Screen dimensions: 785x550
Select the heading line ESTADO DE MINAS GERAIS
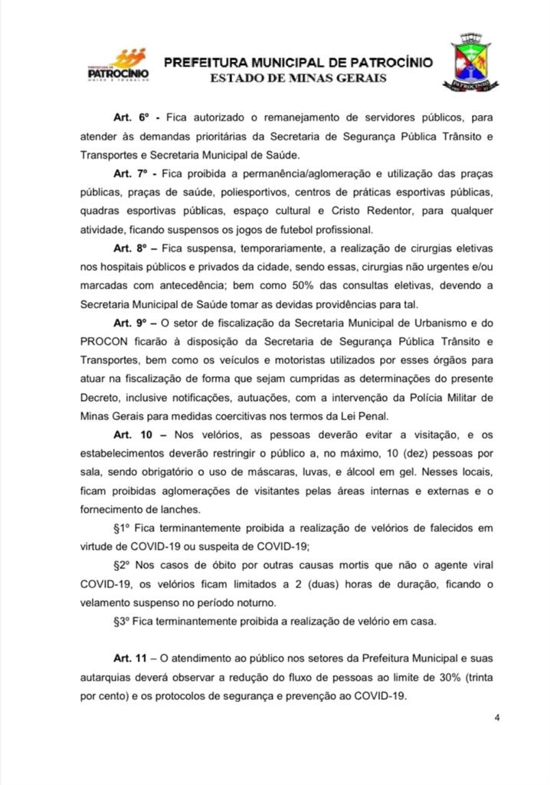[300, 78]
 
